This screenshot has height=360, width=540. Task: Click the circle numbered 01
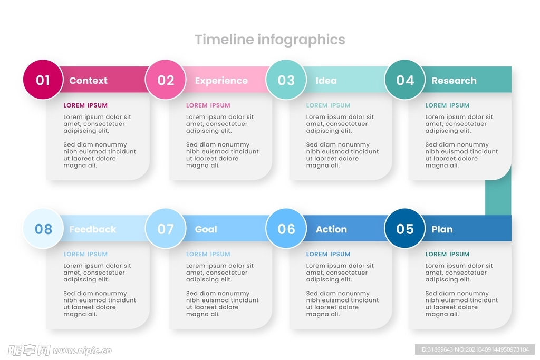(x=43, y=80)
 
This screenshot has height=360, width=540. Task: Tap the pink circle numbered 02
(x=166, y=80)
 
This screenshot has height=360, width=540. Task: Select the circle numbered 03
(x=286, y=80)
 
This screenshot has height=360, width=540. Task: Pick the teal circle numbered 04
(x=405, y=80)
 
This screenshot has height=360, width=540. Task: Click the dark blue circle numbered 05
(x=405, y=229)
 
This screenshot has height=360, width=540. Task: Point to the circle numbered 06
(x=286, y=229)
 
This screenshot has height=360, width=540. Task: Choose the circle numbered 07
(x=166, y=229)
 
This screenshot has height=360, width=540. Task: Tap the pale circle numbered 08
(x=43, y=229)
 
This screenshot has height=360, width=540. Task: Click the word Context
(x=88, y=81)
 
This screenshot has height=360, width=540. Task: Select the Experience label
(x=221, y=81)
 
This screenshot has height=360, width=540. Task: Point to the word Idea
(x=326, y=81)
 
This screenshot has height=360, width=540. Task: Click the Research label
(x=454, y=81)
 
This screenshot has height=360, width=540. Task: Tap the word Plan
(x=442, y=229)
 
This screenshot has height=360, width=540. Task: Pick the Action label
(x=331, y=229)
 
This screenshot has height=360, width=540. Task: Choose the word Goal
(x=206, y=229)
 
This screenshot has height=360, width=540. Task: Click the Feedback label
(x=93, y=229)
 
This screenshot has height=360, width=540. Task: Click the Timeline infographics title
(x=270, y=40)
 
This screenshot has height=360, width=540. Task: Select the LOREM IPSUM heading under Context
(x=85, y=105)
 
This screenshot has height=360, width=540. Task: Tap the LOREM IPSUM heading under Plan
(x=447, y=254)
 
